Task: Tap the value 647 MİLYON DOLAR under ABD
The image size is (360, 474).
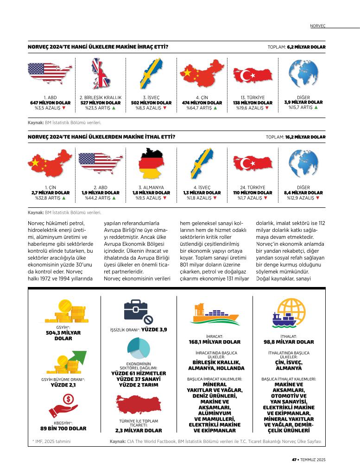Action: point(51,103)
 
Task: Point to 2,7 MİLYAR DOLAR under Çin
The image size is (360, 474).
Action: point(51,193)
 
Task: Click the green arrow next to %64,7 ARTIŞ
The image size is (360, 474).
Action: point(215,108)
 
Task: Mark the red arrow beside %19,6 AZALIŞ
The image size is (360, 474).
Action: point(266,108)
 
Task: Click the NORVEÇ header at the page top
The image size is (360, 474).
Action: point(317,26)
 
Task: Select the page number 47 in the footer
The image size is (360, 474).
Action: point(294,460)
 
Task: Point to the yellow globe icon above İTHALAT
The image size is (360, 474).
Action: point(291,312)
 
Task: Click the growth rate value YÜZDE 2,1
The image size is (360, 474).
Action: point(63,385)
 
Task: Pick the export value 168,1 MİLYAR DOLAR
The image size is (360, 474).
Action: point(215,342)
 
